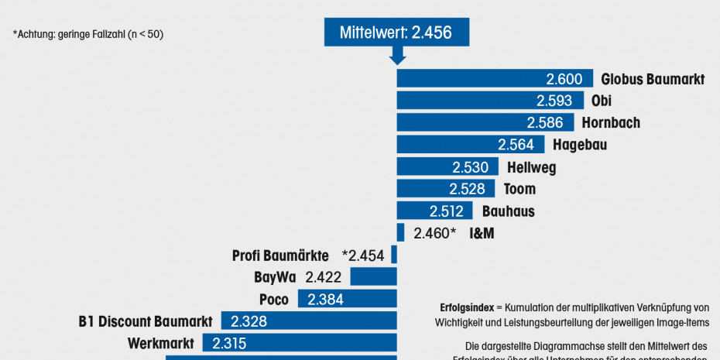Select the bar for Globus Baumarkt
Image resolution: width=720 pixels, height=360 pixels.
pos(495,79)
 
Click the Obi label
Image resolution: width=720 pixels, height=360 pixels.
pos(601,101)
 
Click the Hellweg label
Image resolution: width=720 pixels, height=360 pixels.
pos(531,167)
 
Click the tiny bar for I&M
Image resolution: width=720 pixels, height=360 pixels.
pos(400,232)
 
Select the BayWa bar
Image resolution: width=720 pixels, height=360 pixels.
pos(373,277)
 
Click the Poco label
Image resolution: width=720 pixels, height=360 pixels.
pos(274,300)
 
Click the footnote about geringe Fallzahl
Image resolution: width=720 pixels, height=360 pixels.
pos(88,34)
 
